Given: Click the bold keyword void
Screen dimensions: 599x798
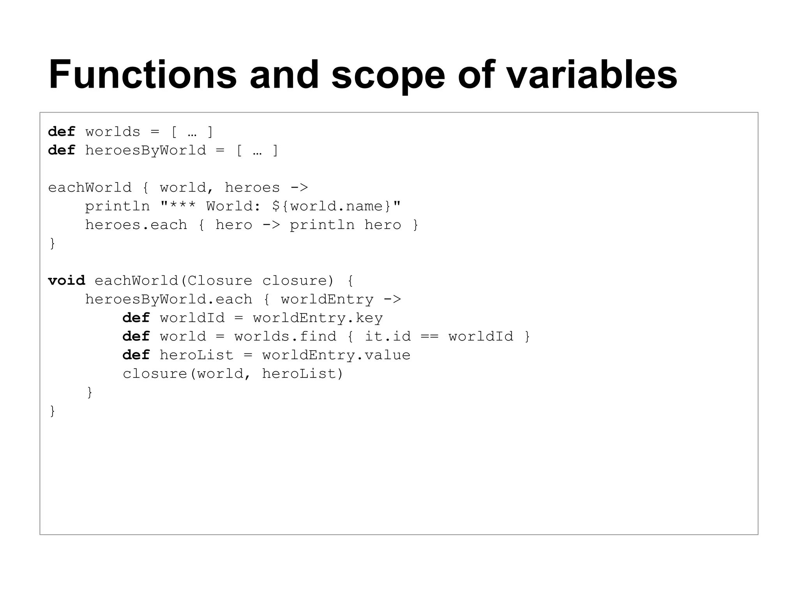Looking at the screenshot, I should pos(66,280).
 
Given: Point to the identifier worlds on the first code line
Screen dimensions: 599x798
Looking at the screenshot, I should pos(113,132).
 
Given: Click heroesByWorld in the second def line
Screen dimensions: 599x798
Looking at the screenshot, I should pos(145,151).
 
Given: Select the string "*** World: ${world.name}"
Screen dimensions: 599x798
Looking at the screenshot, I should pos(281,206).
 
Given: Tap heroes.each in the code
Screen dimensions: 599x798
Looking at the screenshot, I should pos(136,225).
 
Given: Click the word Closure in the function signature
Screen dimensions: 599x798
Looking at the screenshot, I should pos(220,280).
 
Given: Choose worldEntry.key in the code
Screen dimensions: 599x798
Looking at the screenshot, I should pos(318,318).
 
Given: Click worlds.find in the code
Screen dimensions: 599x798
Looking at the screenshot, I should pos(285,336).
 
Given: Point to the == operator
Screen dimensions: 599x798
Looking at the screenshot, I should pos(429,336).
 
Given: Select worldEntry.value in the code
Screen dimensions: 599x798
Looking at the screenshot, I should pos(336,355).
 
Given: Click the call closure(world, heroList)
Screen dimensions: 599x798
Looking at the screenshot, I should pos(233,374).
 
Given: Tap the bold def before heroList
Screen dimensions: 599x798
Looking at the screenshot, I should pos(136,355).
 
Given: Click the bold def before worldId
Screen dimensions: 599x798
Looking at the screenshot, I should pos(136,318).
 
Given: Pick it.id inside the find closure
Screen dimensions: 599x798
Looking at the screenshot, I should pos(387,336).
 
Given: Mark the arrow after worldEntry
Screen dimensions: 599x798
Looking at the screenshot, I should pos(392,299).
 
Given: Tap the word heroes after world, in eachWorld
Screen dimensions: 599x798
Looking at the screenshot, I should pos(252,188).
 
